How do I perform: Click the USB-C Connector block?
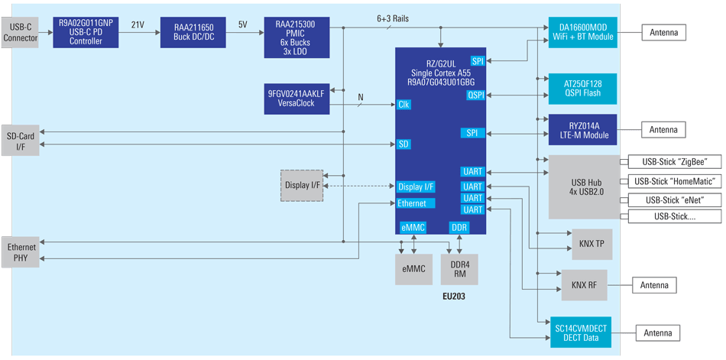[x=19, y=32]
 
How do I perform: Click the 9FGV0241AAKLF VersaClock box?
[x=297, y=98]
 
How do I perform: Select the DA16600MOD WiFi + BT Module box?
[x=582, y=32]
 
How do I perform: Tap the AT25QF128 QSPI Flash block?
[x=582, y=88]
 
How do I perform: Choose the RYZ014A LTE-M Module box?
[x=582, y=130]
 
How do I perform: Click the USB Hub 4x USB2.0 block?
[x=582, y=186]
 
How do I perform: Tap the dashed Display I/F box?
[x=302, y=185]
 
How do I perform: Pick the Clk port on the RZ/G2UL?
[x=405, y=104]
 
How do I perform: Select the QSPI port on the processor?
[x=475, y=95]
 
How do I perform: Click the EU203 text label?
[x=455, y=295]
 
